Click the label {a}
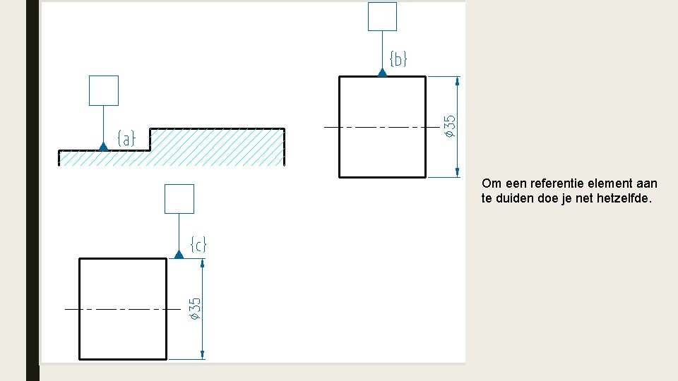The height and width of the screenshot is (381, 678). (x=126, y=138)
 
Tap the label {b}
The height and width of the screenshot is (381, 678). (x=398, y=59)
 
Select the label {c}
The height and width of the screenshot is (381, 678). (x=198, y=245)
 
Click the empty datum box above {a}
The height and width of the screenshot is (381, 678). (x=104, y=90)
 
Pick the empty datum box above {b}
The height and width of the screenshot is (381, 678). (x=382, y=16)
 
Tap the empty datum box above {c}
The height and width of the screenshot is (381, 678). (x=179, y=199)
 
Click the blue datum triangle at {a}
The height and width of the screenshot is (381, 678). (x=104, y=146)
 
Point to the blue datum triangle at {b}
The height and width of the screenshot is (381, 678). (x=382, y=72)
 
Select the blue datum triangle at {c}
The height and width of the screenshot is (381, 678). (x=179, y=254)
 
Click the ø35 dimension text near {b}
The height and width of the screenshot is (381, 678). (x=449, y=126)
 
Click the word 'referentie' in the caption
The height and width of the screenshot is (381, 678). (x=543, y=183)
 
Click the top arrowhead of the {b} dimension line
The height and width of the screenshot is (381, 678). (x=458, y=81)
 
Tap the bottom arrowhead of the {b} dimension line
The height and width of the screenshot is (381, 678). (x=458, y=172)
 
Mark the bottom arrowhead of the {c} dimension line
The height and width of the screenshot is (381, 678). (x=203, y=354)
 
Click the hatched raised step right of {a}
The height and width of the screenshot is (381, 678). (x=216, y=146)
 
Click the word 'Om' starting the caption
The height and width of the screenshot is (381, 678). (x=490, y=183)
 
